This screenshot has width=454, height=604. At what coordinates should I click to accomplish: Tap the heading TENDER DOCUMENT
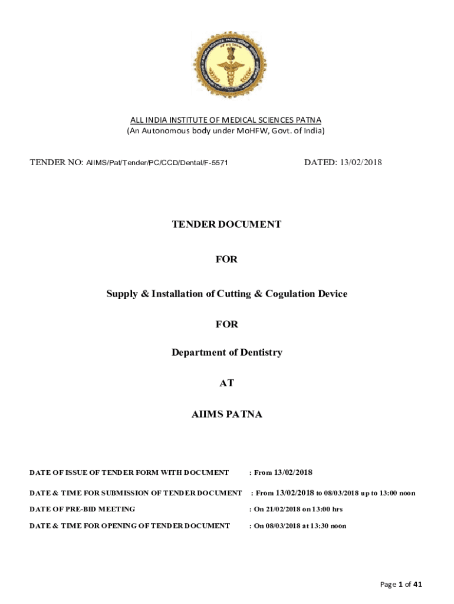226,224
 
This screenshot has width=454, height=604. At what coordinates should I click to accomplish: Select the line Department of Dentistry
226,353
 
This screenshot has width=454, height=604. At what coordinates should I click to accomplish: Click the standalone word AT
226,383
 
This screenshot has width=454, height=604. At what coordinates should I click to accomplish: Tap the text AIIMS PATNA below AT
226,414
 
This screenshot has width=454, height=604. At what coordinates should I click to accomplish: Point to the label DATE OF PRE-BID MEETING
83,509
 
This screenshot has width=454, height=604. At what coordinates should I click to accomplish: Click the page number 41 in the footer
417,585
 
